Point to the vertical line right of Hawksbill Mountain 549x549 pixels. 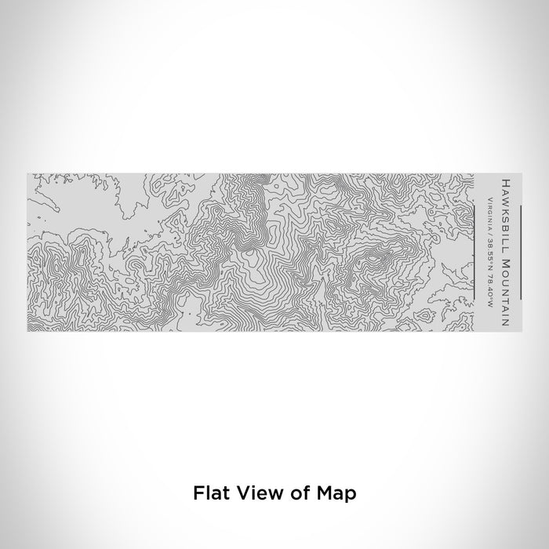tap(518, 251)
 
